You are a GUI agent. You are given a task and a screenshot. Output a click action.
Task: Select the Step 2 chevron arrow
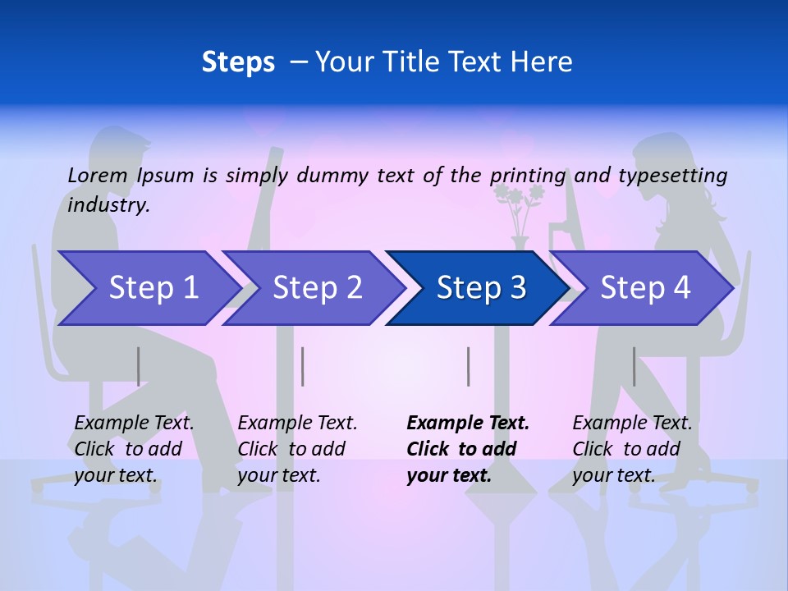tap(314, 288)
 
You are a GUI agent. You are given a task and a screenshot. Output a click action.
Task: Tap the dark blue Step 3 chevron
tap(478, 288)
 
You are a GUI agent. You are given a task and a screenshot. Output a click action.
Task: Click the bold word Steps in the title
tap(238, 62)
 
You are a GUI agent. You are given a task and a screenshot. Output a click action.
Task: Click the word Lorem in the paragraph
tap(98, 175)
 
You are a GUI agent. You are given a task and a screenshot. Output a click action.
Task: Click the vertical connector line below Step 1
tap(138, 366)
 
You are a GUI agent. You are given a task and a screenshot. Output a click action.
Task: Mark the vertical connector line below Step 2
tap(303, 366)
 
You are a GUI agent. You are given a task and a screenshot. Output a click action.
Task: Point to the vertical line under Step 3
tap(468, 366)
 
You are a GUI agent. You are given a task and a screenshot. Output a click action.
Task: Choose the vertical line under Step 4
tap(634, 366)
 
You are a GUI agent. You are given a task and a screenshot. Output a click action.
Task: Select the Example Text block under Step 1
tap(134, 449)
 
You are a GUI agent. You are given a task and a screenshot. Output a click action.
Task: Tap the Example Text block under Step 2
tap(297, 449)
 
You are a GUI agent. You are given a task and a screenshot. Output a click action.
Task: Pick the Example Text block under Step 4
tap(632, 449)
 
